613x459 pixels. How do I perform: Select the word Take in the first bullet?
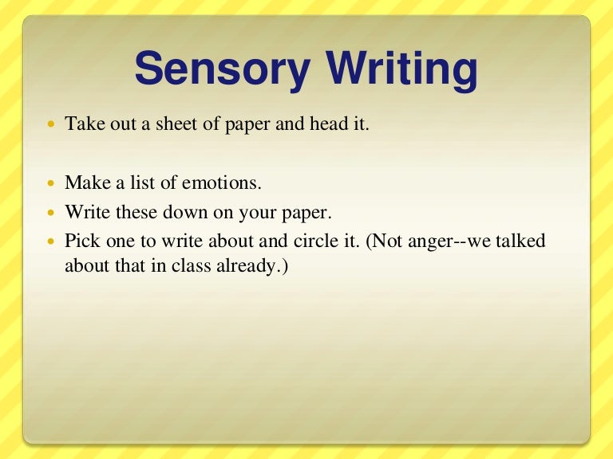click(x=83, y=124)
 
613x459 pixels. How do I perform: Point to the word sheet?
click(x=171, y=124)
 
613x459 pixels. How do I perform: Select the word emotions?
click(x=220, y=182)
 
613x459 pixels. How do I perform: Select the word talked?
click(x=520, y=241)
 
